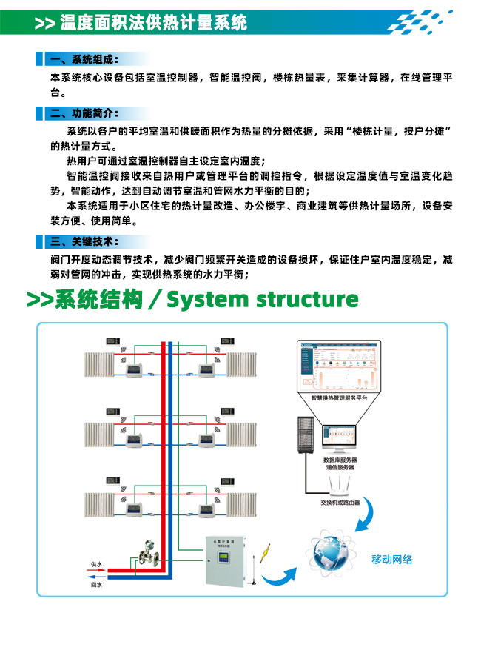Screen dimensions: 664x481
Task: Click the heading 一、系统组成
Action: point(82,59)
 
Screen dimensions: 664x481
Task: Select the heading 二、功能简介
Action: point(82,113)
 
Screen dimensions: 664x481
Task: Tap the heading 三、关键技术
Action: point(82,241)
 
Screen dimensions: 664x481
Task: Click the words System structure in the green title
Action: point(263,299)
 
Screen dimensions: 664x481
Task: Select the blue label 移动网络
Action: point(392,560)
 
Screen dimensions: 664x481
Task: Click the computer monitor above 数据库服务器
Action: point(340,439)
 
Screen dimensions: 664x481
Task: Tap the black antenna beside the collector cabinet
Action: point(253,569)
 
